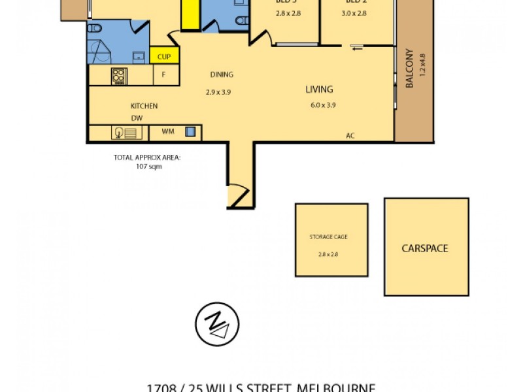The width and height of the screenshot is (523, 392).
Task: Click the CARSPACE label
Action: point(426,248)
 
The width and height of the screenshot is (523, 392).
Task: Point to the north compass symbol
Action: point(217,324)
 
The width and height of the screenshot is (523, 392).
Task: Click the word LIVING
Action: point(319,90)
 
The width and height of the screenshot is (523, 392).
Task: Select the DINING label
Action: point(222,74)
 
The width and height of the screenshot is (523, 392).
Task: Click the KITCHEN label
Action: point(144,106)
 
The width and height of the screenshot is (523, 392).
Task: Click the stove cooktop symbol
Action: point(119,76)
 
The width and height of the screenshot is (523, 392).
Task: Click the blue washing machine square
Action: point(190,132)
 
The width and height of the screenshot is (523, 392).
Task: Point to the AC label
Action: point(350,136)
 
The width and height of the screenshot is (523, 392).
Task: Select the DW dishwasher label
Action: point(137,118)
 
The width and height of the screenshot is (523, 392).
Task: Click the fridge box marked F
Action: point(164,75)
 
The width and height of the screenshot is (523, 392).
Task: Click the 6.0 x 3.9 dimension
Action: point(323,105)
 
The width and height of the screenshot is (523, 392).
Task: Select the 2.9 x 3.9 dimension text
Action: point(218,92)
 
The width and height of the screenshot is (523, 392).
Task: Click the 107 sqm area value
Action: point(146,167)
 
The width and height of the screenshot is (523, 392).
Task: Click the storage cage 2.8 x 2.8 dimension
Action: point(328,255)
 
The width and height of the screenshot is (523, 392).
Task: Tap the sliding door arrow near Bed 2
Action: point(357,46)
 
